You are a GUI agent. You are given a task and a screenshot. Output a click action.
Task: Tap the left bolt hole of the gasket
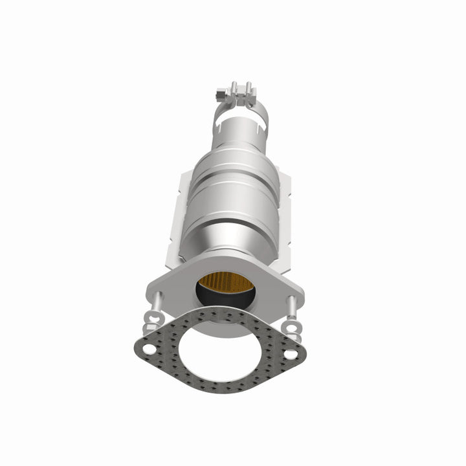[150, 349]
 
